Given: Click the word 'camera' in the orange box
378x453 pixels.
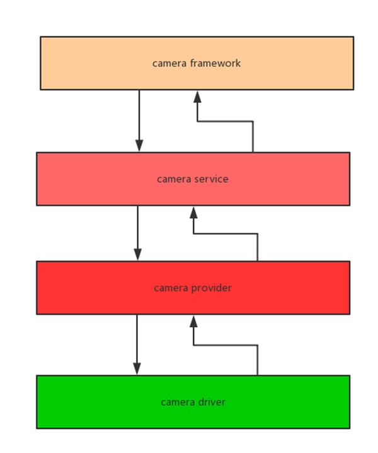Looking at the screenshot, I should click(166, 63).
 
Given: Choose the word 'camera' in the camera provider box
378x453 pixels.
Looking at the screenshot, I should click(169, 288).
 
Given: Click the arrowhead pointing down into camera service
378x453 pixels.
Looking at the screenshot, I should click(139, 146).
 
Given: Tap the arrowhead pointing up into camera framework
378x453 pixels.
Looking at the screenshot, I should click(197, 97).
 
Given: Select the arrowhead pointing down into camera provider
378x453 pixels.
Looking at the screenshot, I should click(137, 254).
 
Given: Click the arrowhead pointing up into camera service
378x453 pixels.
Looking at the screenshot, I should click(193, 213).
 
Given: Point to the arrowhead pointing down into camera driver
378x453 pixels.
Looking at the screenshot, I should click(137, 369).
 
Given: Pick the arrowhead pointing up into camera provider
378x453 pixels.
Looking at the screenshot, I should click(193, 321).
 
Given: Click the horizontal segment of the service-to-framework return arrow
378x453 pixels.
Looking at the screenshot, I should click(225, 122).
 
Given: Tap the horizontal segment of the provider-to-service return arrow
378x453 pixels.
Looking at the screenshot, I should click(226, 233).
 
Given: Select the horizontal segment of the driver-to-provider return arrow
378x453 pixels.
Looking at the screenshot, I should click(226, 345).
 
